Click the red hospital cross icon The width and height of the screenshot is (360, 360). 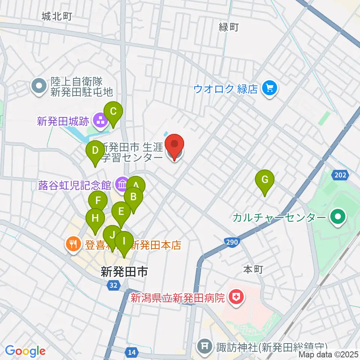[x=237, y=298]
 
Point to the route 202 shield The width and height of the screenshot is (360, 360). [x=340, y=175]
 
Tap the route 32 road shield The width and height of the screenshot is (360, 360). [x=113, y=285]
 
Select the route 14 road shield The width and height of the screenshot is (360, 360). [x=131, y=352]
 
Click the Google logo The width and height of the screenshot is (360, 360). [x=25, y=351]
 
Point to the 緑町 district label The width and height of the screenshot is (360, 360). [x=229, y=27]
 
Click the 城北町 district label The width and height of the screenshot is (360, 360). [x=57, y=16]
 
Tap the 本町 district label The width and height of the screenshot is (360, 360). [x=253, y=269]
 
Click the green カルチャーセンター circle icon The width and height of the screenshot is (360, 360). [x=337, y=217]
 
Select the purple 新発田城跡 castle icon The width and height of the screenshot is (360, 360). [x=100, y=121]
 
